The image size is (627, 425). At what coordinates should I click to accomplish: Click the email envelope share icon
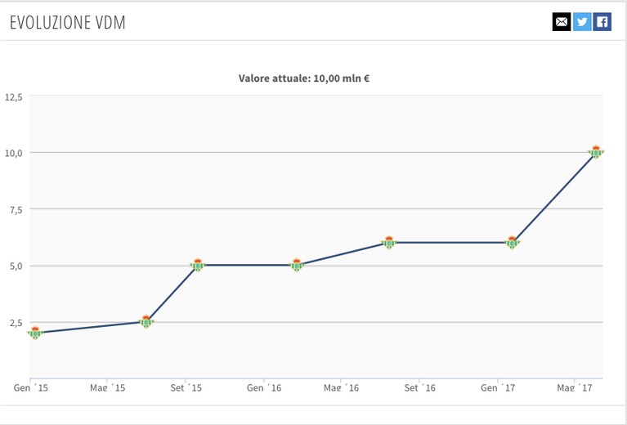point(562,21)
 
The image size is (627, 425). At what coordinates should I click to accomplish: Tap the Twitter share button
point(582,21)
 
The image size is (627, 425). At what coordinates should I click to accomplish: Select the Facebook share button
point(602,21)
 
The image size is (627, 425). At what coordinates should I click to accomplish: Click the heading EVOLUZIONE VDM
point(68,22)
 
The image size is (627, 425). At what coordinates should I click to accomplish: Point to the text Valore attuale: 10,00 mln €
point(304,78)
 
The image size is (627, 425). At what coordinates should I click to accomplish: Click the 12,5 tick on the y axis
point(14,97)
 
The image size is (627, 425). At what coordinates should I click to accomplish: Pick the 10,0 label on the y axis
point(14,153)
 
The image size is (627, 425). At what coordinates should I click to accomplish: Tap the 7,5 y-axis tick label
point(16,209)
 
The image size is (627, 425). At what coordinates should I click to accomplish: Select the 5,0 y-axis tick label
point(16,266)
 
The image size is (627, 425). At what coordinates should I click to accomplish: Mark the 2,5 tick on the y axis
point(16,323)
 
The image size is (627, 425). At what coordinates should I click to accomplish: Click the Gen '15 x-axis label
point(31,388)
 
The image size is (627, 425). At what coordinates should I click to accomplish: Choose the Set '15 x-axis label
point(186,388)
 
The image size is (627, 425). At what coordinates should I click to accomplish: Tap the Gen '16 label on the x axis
point(264,388)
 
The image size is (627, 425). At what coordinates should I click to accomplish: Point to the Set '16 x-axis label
point(420,388)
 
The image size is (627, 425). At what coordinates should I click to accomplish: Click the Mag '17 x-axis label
point(575,388)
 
